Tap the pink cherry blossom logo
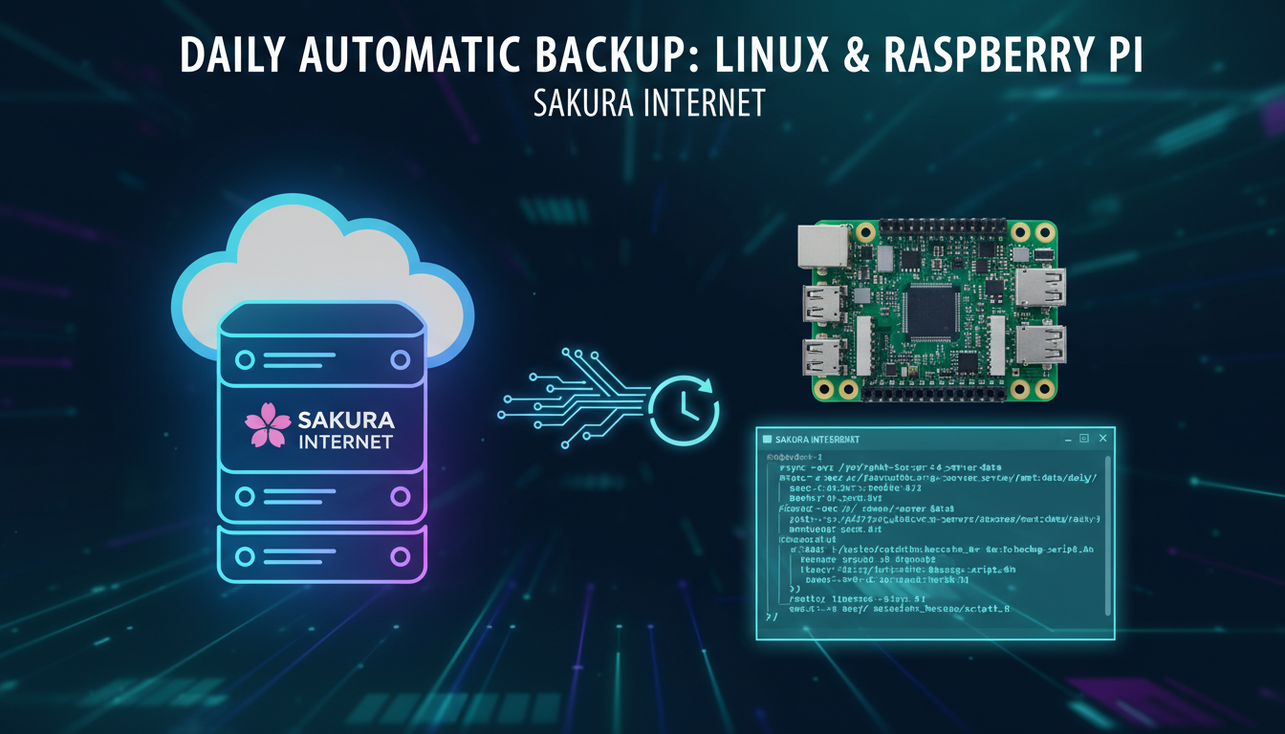[x=268, y=425]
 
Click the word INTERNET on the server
[x=346, y=442]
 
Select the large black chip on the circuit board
[x=931, y=312]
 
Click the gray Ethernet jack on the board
[x=821, y=247]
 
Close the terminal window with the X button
[x=1102, y=438]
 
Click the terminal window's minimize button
[x=1067, y=438]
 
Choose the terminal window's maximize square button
[x=1084, y=438]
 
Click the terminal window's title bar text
[x=813, y=439]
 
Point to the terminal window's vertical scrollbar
[x=1107, y=535]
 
